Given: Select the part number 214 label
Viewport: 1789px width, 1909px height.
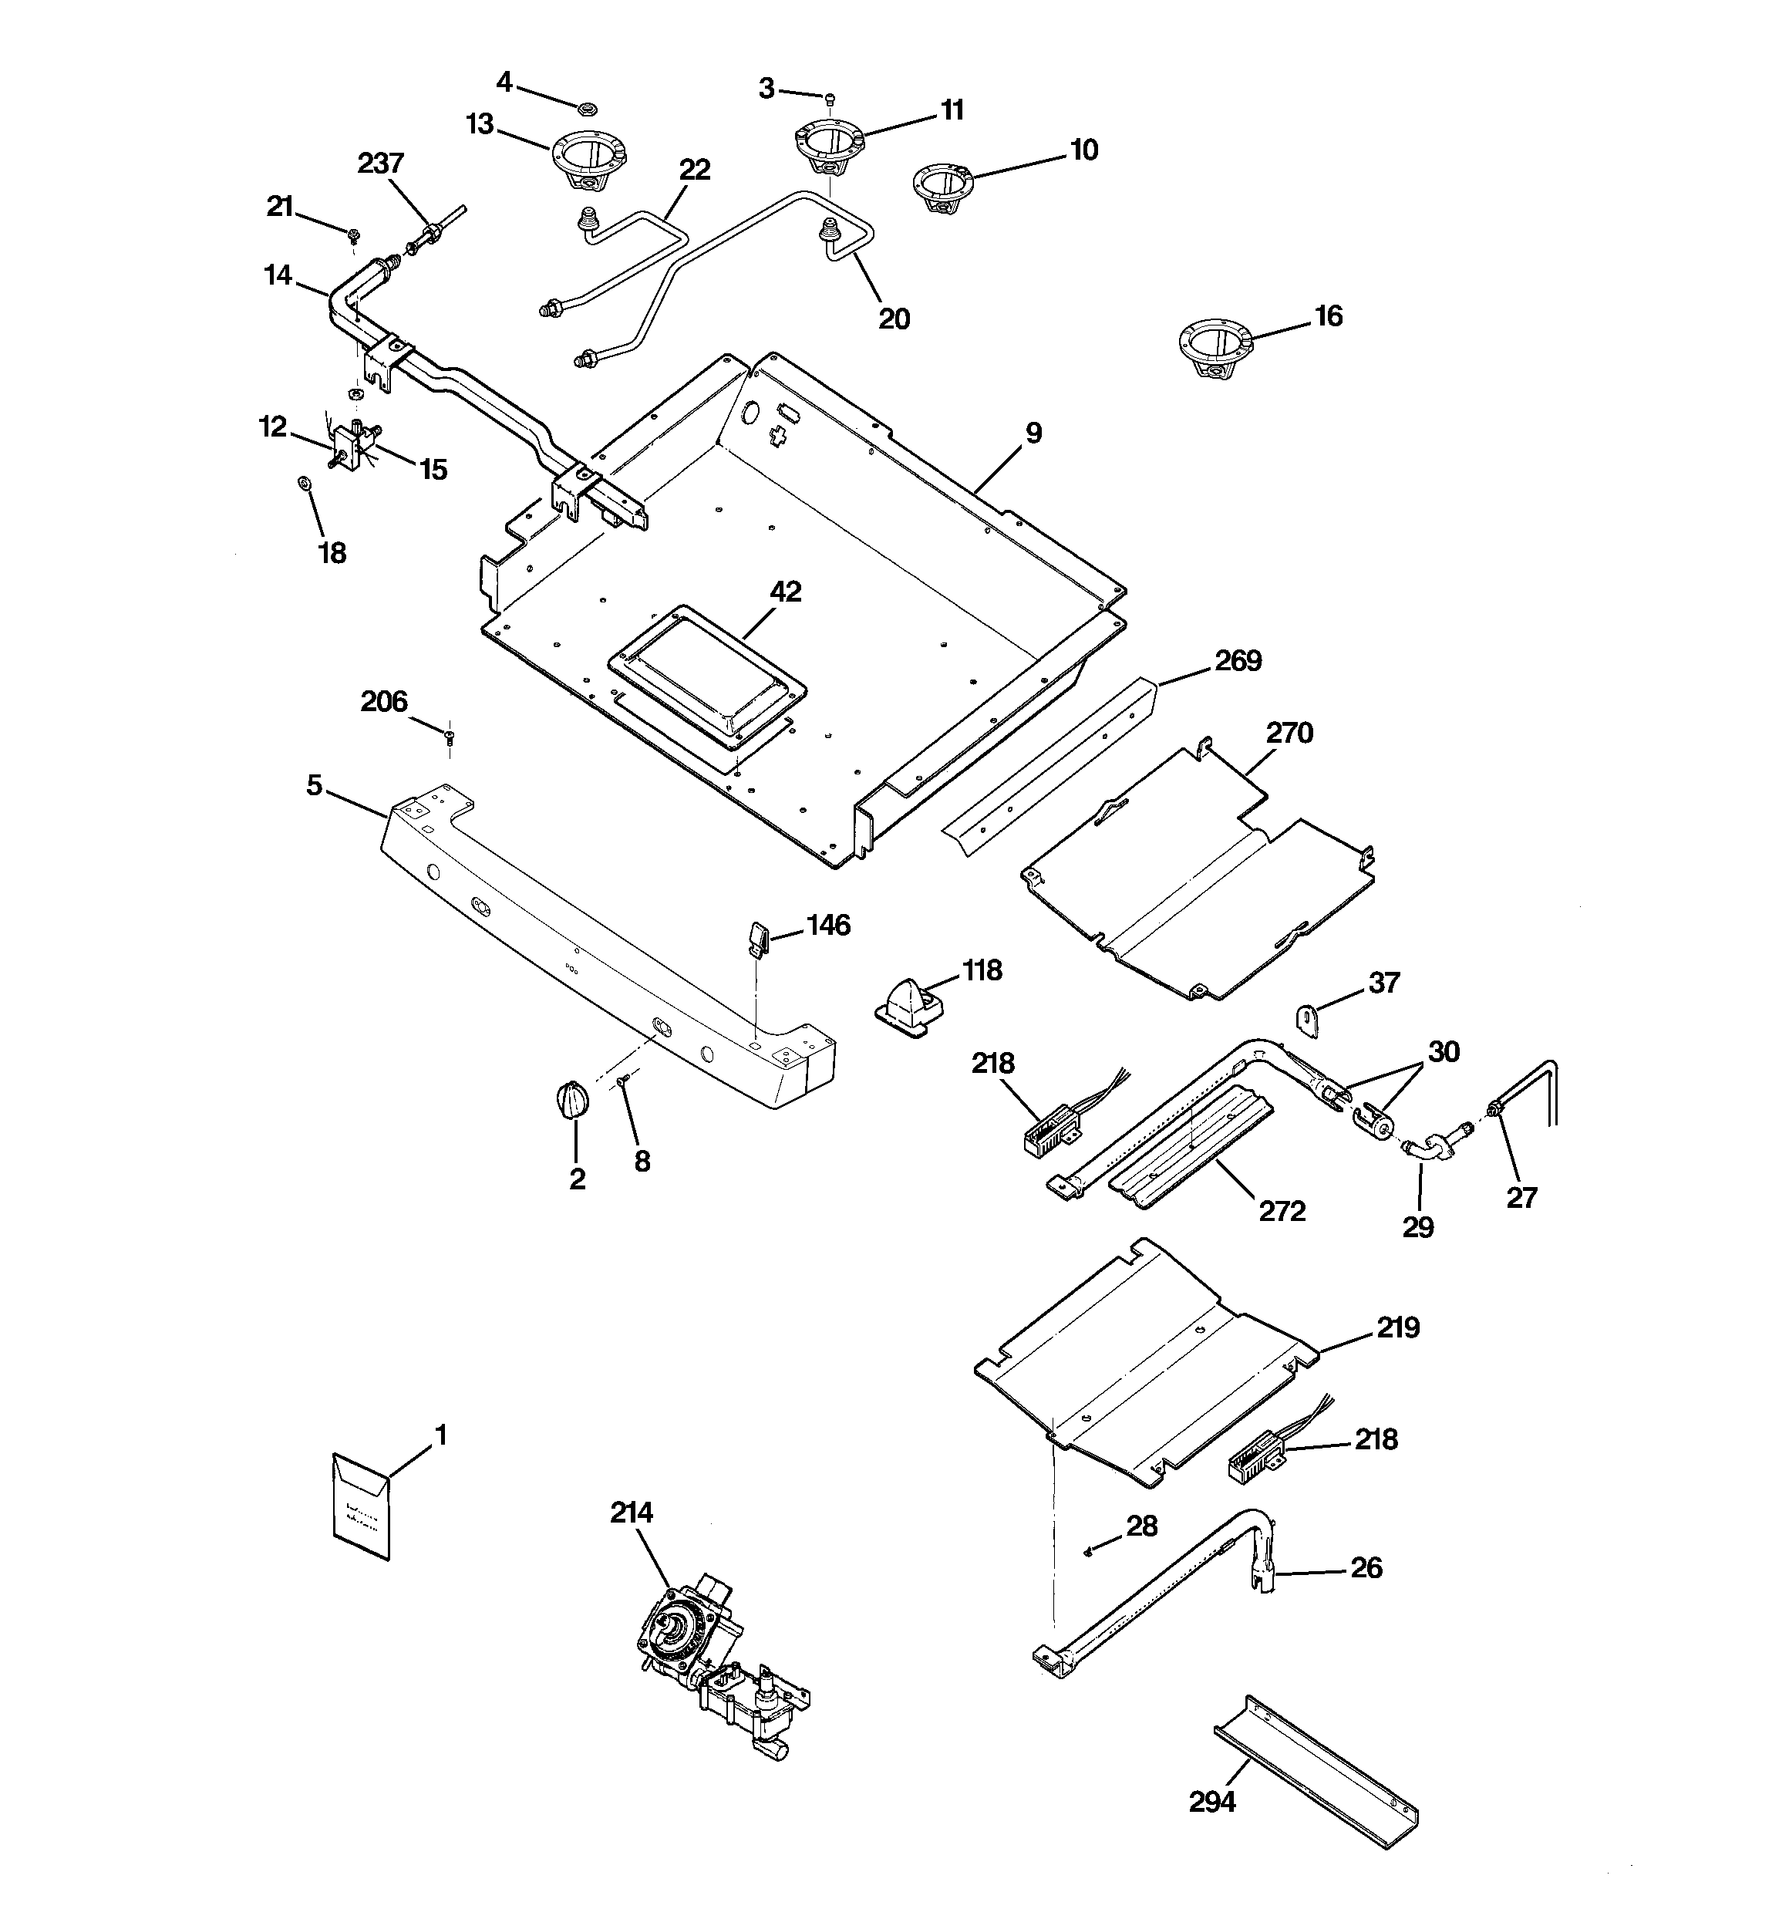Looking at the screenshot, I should pos(631,1513).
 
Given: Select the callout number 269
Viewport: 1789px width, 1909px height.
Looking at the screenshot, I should pos(1238,661).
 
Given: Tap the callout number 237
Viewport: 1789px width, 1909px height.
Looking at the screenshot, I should pos(380,164).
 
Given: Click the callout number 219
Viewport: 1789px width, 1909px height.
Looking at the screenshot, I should pos(1397,1328).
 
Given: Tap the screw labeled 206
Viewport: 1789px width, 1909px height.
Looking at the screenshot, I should pos(450,737).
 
